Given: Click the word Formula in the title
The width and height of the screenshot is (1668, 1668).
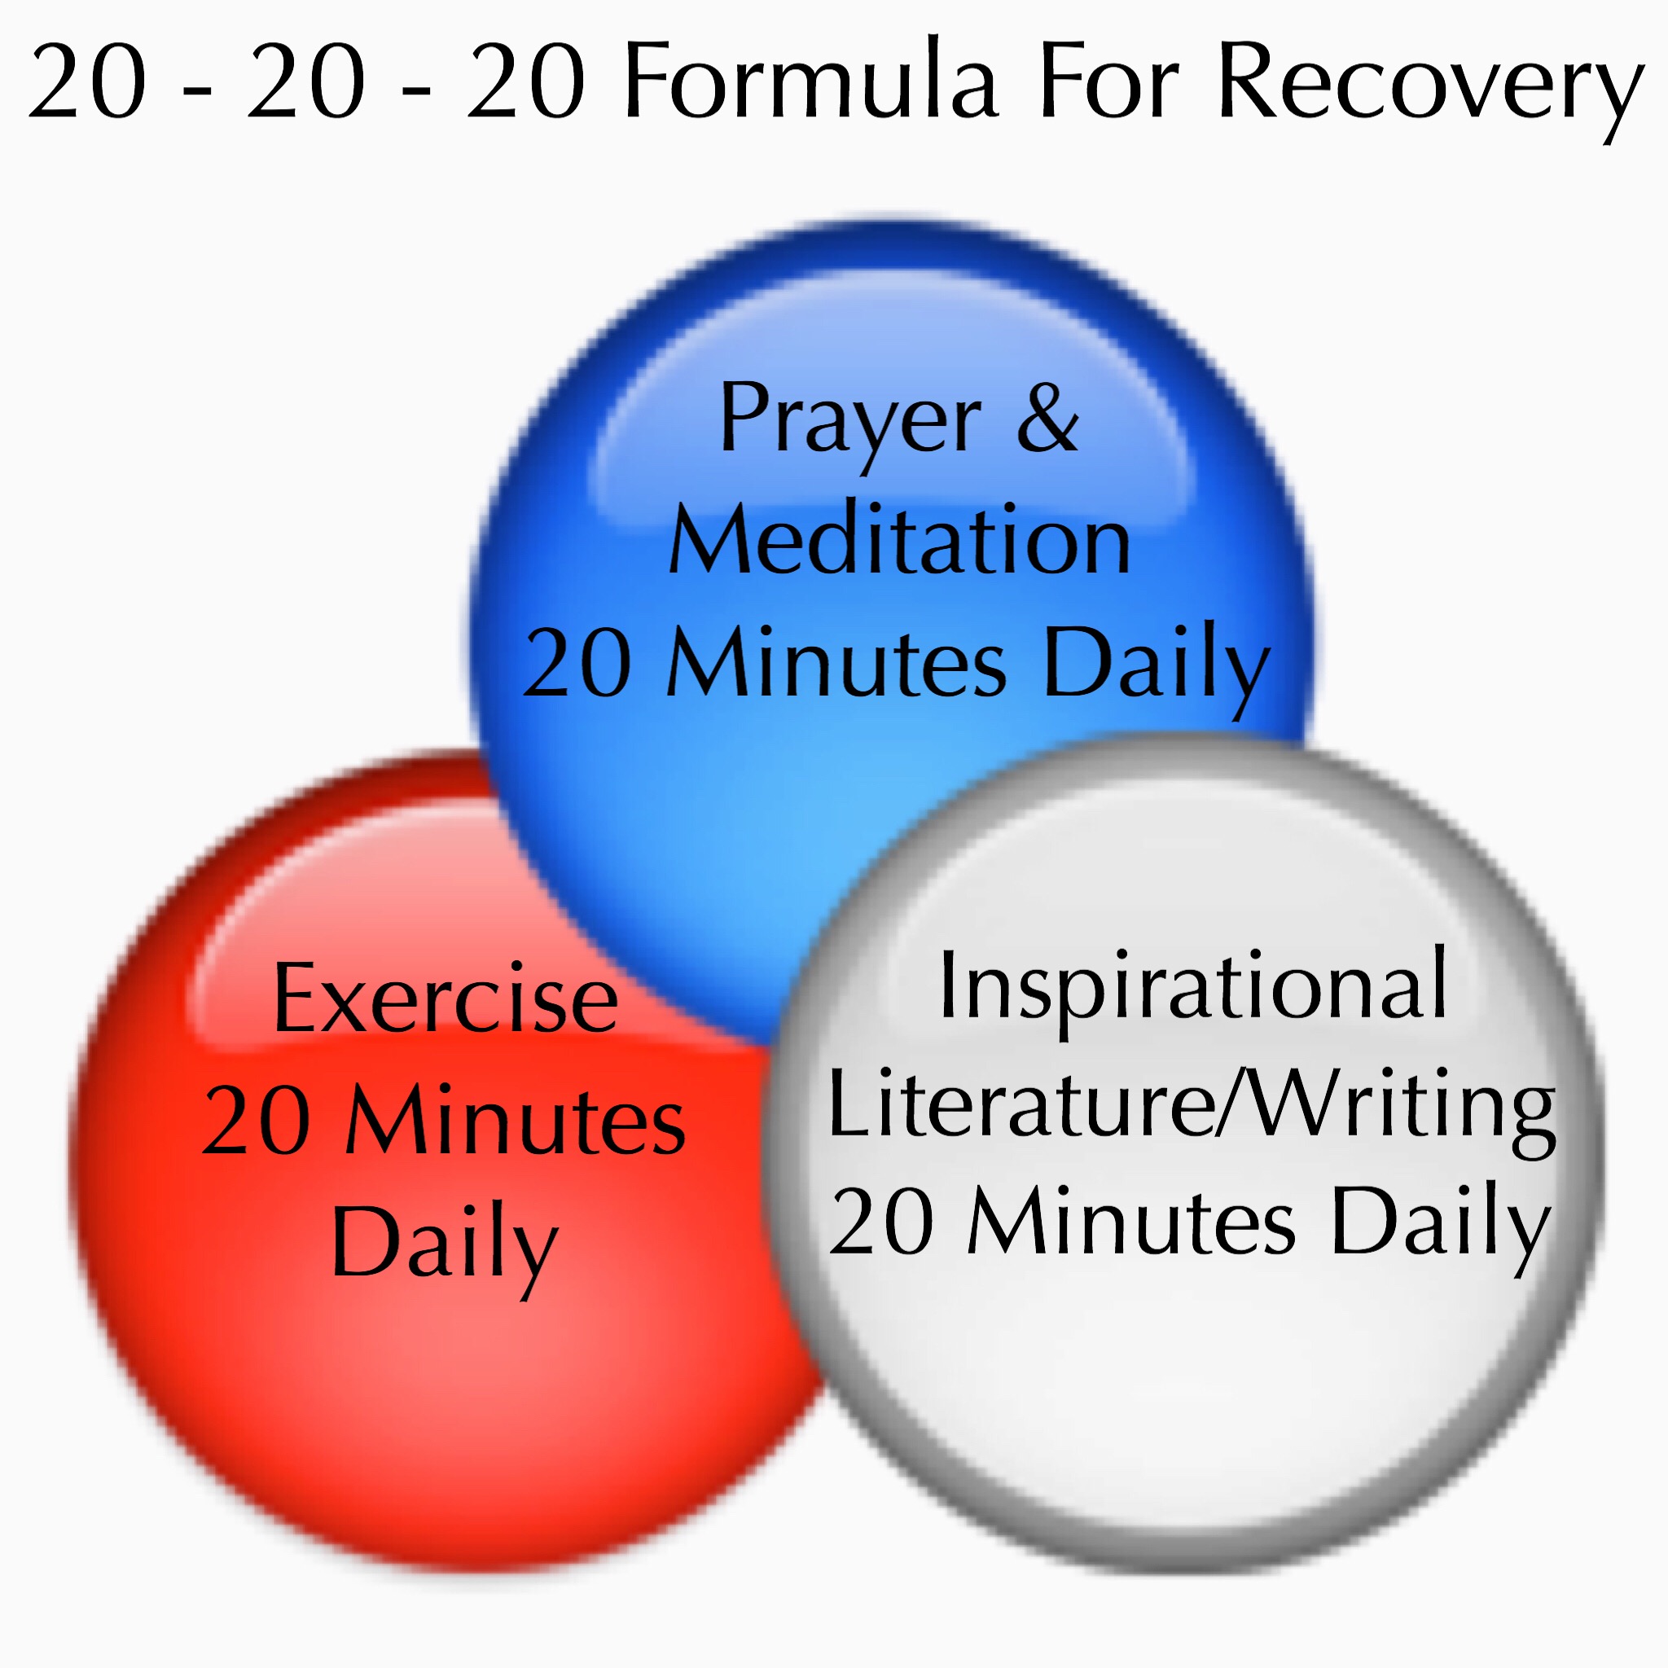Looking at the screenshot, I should [x=811, y=82].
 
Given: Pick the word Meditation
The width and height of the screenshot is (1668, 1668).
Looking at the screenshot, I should [x=899, y=541].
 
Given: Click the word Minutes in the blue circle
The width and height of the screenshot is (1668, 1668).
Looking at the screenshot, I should [x=836, y=661].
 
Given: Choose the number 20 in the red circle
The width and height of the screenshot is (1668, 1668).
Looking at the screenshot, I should [x=257, y=1122].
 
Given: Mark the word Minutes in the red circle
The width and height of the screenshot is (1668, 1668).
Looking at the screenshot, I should [x=516, y=1120].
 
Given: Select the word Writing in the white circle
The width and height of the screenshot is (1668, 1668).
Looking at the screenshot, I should [x=1397, y=1108].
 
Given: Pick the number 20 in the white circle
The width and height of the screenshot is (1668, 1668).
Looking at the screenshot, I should [x=881, y=1222].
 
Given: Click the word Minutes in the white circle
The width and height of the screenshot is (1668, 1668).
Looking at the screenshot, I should [x=1131, y=1220].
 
